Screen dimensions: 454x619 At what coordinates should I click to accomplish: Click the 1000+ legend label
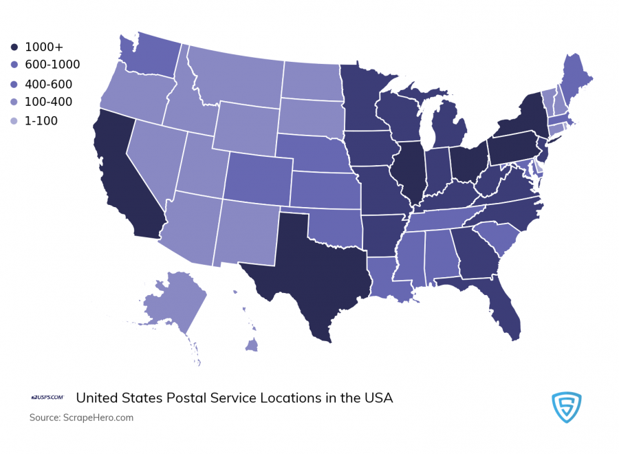[44, 47]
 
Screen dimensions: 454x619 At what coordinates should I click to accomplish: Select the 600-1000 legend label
[52, 65]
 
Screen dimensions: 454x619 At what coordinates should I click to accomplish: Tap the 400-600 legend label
[48, 84]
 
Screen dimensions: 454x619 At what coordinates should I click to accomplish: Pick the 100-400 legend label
[48, 102]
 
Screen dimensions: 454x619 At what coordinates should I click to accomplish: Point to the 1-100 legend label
[41, 121]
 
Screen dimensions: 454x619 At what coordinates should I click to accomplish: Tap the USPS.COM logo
[47, 398]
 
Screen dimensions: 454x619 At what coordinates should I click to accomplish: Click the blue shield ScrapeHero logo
[567, 408]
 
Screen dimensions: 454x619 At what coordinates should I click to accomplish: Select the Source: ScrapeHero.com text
[81, 418]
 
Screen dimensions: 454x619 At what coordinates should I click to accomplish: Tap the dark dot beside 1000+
[14, 47]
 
